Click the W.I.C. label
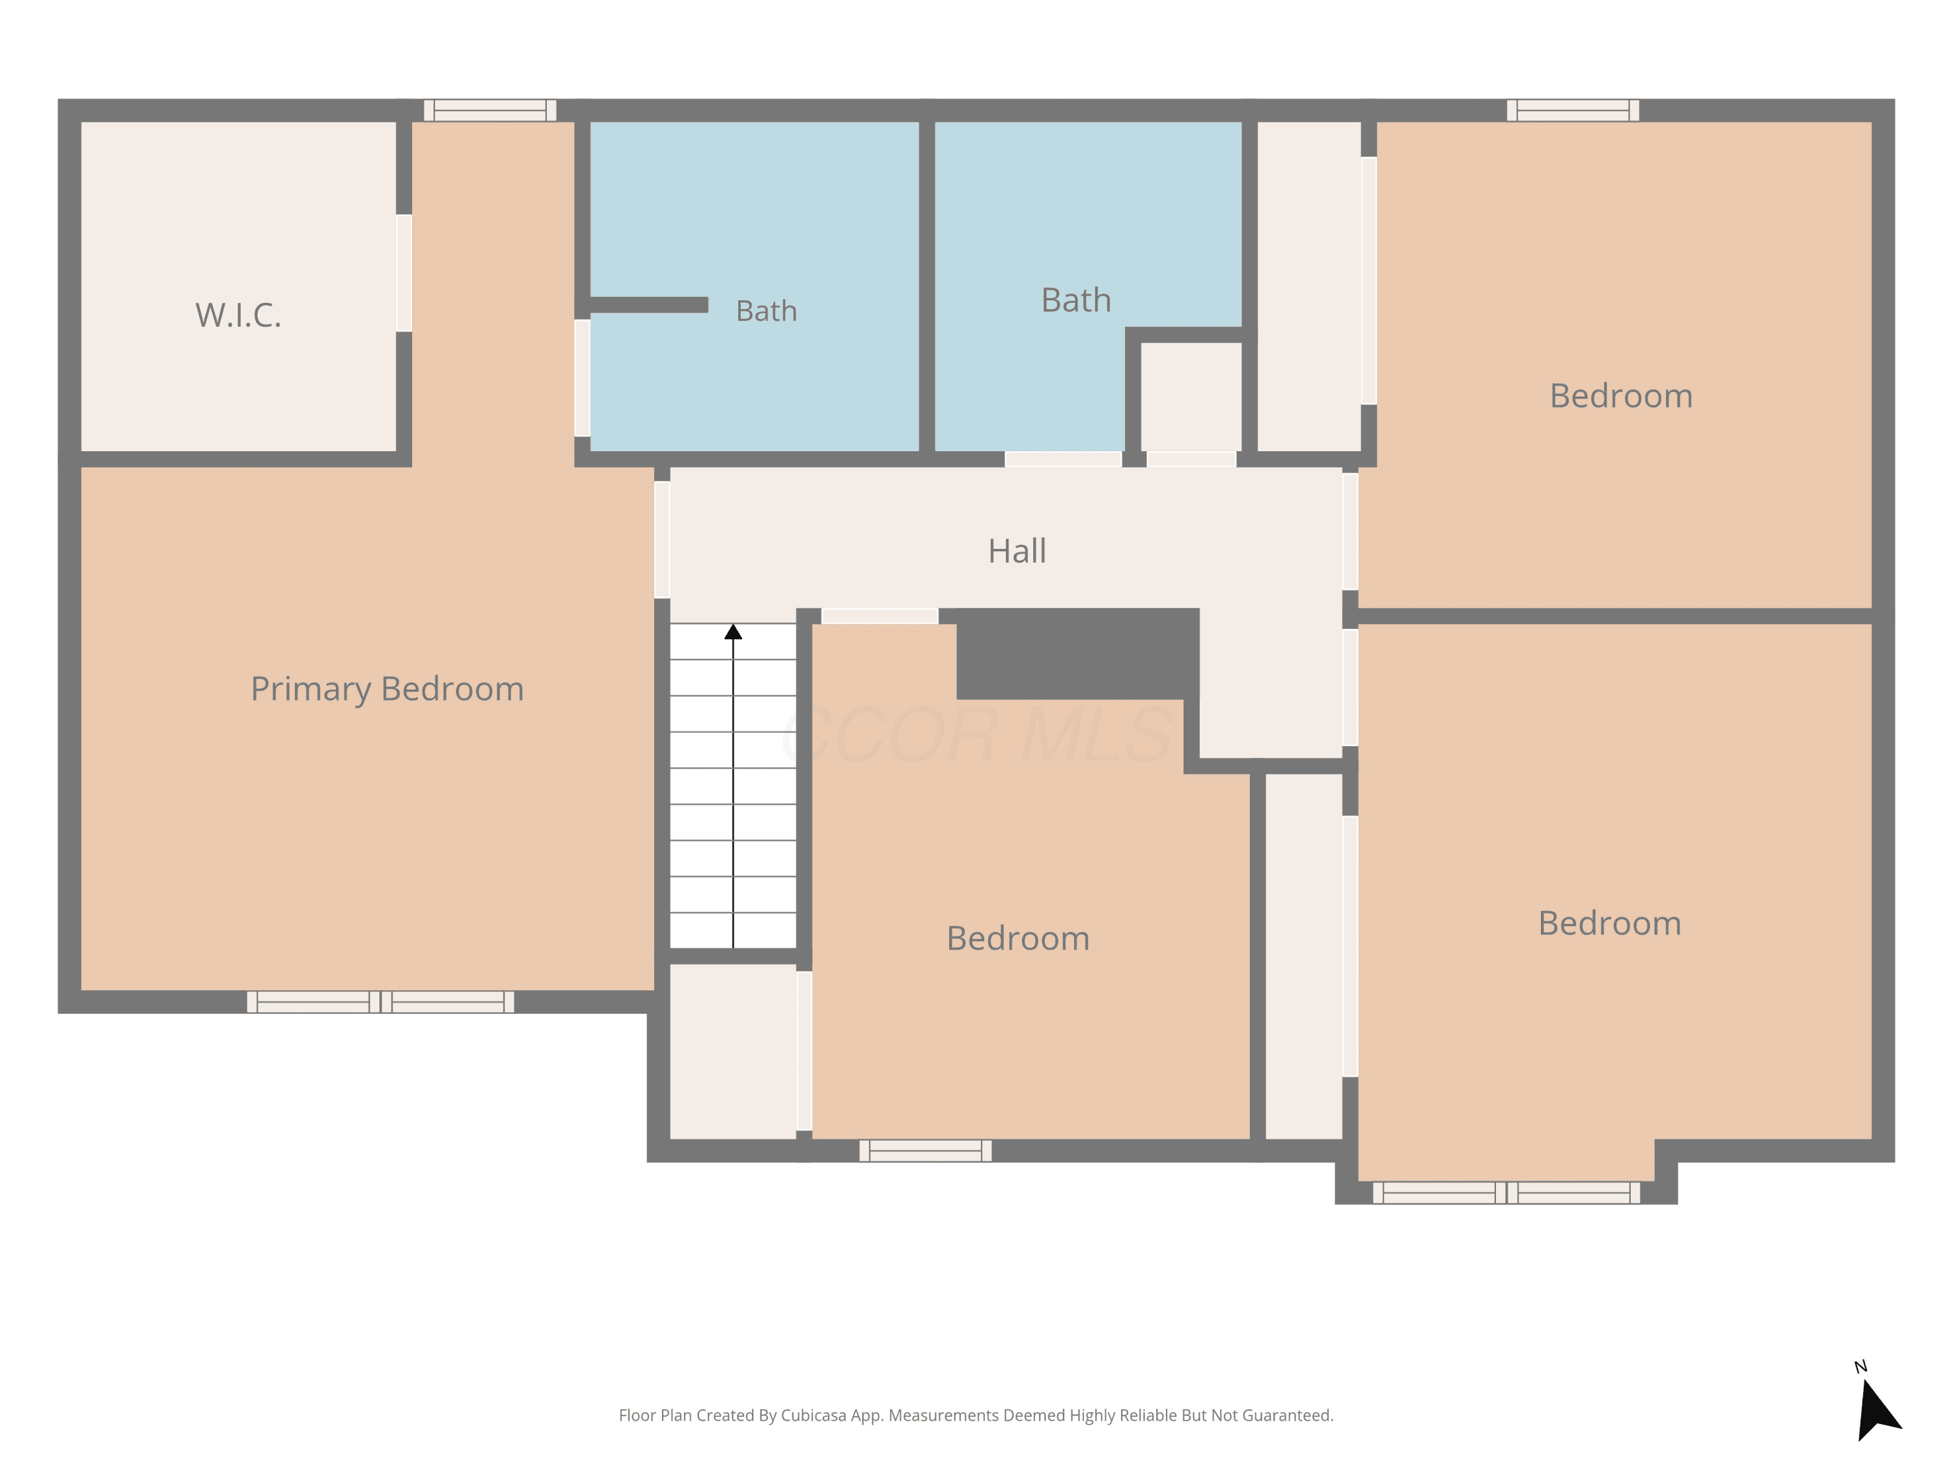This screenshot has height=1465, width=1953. [238, 315]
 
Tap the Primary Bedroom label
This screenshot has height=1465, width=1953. [387, 690]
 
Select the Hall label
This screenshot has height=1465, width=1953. [1017, 551]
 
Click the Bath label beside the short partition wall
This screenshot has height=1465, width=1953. [766, 311]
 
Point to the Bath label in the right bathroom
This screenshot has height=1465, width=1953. [1076, 300]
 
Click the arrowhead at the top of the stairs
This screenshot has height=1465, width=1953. [733, 632]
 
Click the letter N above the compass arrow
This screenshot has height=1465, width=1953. [1861, 1367]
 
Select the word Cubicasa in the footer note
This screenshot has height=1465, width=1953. [813, 1416]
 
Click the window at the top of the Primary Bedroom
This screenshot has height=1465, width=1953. [490, 111]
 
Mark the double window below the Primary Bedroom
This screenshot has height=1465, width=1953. [381, 1001]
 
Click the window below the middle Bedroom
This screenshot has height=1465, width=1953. [925, 1151]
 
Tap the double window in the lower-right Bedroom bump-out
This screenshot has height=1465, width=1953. [1506, 1193]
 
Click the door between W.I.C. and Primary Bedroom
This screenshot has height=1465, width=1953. [404, 273]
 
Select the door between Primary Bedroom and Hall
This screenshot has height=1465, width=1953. [662, 540]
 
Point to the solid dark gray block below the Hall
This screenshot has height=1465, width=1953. [1077, 654]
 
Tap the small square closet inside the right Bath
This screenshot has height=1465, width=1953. [1191, 397]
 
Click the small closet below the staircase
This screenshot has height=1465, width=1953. [733, 1052]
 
